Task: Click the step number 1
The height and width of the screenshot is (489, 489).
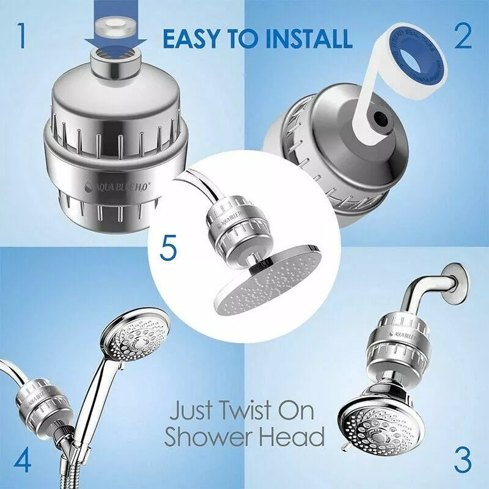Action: [22, 36]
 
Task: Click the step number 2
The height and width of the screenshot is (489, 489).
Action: [462, 36]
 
